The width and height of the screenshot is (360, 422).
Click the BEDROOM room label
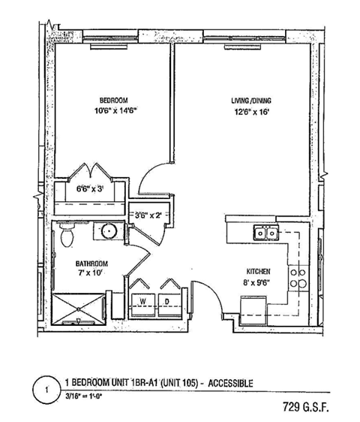(x=114, y=100)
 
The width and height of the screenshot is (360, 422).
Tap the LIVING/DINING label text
(x=251, y=100)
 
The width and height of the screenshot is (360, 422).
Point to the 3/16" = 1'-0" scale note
(x=91, y=398)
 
